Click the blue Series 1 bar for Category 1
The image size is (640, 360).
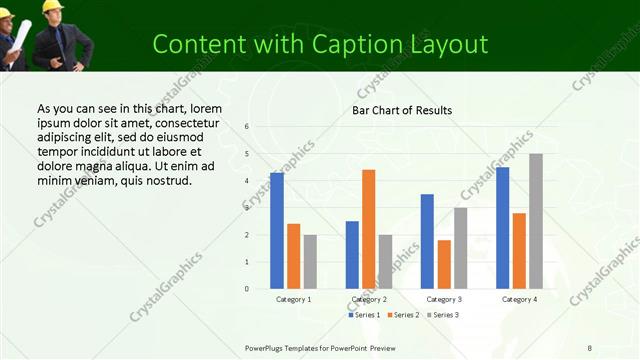click(277, 231)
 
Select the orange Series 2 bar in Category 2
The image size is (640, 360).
click(369, 229)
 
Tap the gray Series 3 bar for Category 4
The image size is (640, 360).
click(536, 221)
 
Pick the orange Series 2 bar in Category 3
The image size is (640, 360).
click(444, 264)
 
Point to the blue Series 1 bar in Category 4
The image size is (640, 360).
click(502, 228)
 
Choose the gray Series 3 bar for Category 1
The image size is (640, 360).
click(310, 261)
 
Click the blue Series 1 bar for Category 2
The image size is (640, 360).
click(352, 255)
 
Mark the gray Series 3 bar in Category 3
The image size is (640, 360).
click(461, 248)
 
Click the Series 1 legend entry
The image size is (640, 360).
click(364, 315)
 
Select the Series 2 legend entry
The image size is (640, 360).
click(405, 315)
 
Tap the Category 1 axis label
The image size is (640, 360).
click(293, 299)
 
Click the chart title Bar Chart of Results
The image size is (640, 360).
click(402, 110)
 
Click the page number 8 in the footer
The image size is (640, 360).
click(590, 347)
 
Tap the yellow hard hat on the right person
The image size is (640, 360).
click(51, 6)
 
